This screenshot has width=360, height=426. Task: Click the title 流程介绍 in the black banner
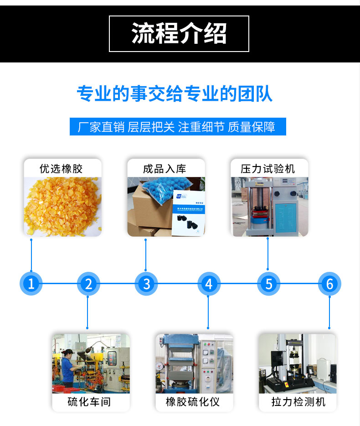point(179,33)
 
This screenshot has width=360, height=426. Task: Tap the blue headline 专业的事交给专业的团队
point(175,94)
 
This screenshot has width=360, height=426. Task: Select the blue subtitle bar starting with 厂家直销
point(178,126)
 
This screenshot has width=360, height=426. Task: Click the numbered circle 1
point(31,284)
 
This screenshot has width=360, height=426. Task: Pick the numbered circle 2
point(88,284)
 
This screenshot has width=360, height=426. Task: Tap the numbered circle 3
point(146,284)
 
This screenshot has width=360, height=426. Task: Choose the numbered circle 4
point(209,284)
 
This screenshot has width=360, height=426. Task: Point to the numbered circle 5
point(268,284)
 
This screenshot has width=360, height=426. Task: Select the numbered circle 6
point(329,284)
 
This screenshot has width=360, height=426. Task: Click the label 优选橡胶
point(62,169)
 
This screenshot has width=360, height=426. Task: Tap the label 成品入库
point(165,169)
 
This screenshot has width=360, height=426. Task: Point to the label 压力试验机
point(268,169)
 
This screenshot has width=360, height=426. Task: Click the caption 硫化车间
point(89,402)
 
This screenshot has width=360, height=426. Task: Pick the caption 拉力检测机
point(298,402)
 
